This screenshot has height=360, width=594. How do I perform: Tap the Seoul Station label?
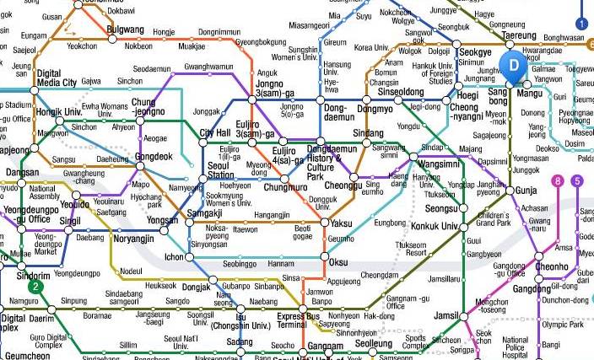pos(220,170)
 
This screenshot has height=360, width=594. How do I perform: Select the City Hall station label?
pos(214,133)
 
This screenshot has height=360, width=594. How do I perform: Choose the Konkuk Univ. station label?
pos(435,226)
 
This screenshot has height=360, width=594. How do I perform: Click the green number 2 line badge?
pos(35,287)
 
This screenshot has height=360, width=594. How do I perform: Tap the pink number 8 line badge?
pos(558,180)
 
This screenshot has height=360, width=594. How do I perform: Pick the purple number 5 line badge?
pos(577,180)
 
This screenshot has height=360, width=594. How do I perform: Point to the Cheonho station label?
pos(552,267)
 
